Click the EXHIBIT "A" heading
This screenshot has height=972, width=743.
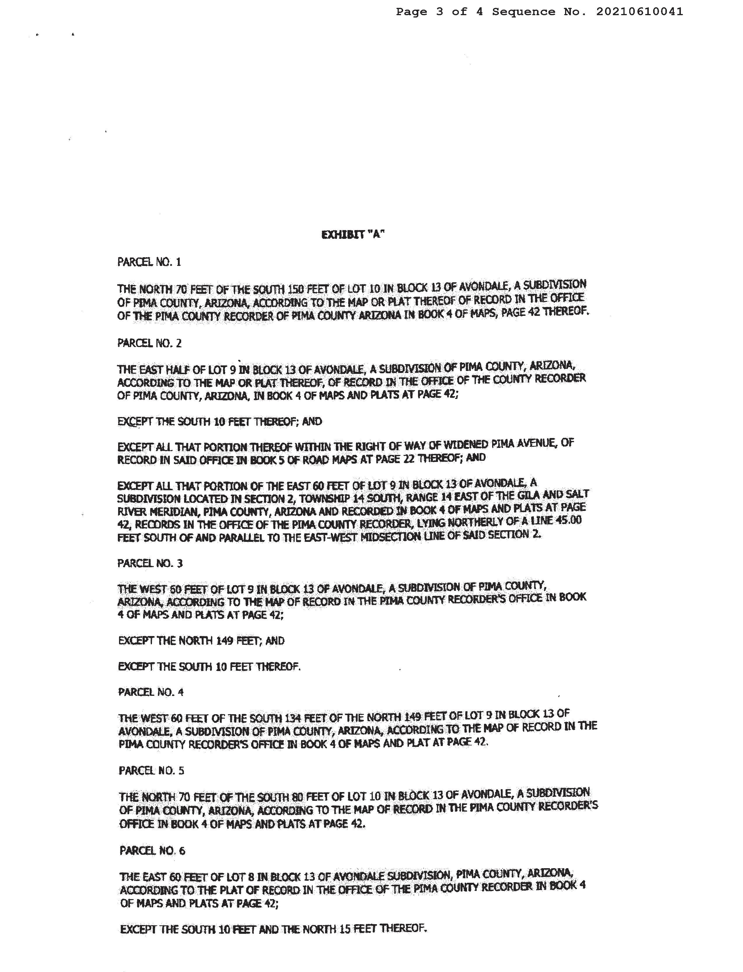[x=352, y=235]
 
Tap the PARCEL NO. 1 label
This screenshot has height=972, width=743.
[x=149, y=262]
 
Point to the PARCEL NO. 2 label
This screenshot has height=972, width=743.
[x=149, y=344]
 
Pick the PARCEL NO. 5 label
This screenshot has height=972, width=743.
[x=151, y=771]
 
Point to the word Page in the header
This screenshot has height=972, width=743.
[x=411, y=12]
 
